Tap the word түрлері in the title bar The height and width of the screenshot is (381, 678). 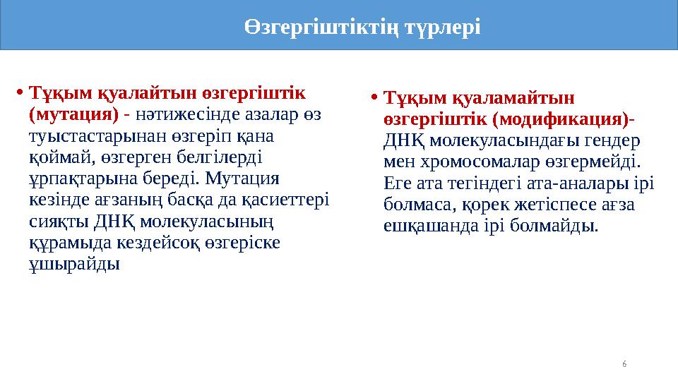point(442,28)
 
